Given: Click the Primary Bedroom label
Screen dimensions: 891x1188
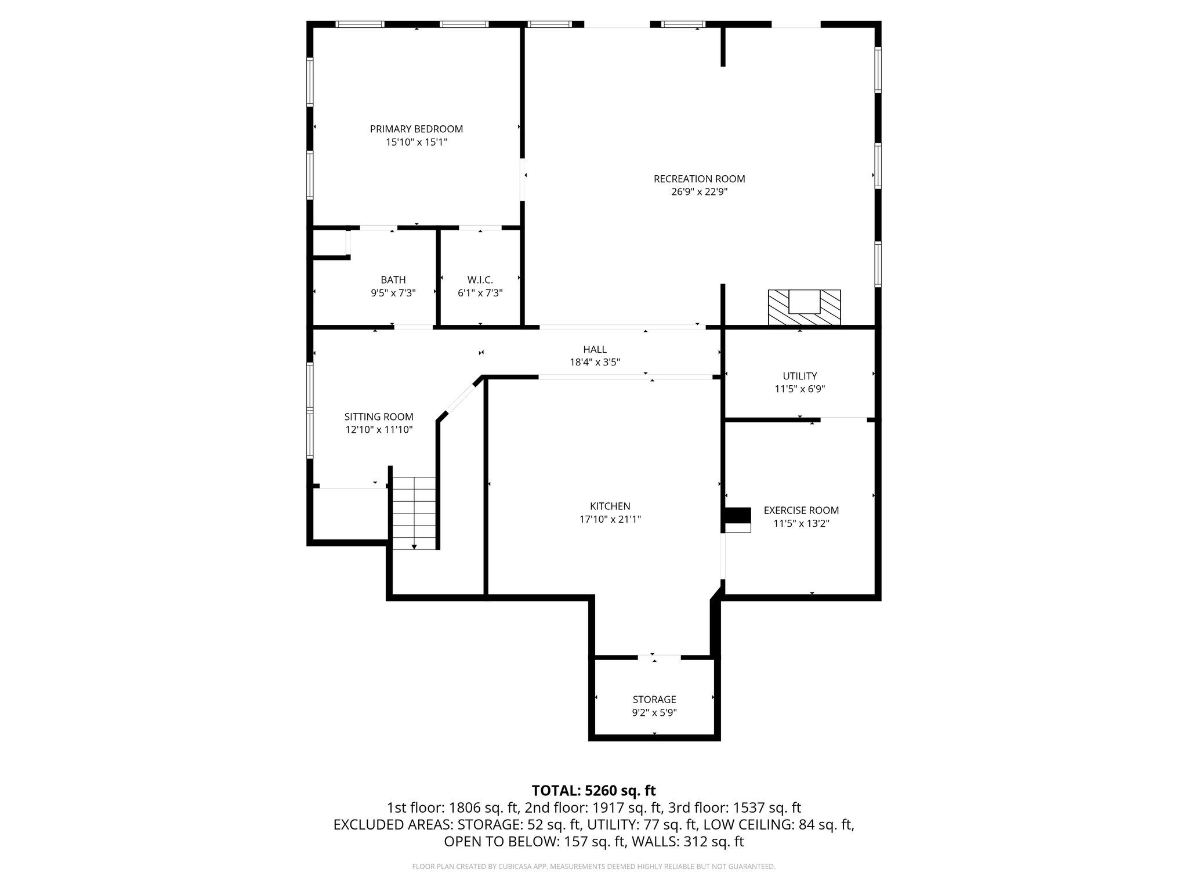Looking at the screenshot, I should (416, 129).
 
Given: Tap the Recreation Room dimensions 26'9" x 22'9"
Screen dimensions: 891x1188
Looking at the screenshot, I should (699, 192).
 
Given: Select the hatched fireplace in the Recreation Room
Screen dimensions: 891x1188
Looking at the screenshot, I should (804, 307).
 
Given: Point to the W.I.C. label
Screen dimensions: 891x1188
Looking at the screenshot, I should (480, 280).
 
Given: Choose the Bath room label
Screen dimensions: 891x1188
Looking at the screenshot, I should (393, 280).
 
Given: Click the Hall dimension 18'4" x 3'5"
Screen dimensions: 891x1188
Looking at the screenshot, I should (595, 363).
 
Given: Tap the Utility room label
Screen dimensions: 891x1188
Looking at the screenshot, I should (799, 376).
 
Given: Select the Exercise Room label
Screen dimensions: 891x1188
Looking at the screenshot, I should (801, 510).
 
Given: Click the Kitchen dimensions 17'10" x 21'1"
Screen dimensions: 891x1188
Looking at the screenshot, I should (610, 519).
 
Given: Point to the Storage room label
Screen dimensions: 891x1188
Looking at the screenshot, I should (654, 700).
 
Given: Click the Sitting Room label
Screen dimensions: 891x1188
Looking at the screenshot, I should (379, 416).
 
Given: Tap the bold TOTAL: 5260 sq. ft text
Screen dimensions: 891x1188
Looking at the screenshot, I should (593, 791).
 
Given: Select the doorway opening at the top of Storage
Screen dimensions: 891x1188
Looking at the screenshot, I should (659, 657).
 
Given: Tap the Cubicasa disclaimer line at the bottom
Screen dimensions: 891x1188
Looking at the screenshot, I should (593, 867).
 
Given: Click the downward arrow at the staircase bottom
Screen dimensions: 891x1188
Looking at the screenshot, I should (414, 546).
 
